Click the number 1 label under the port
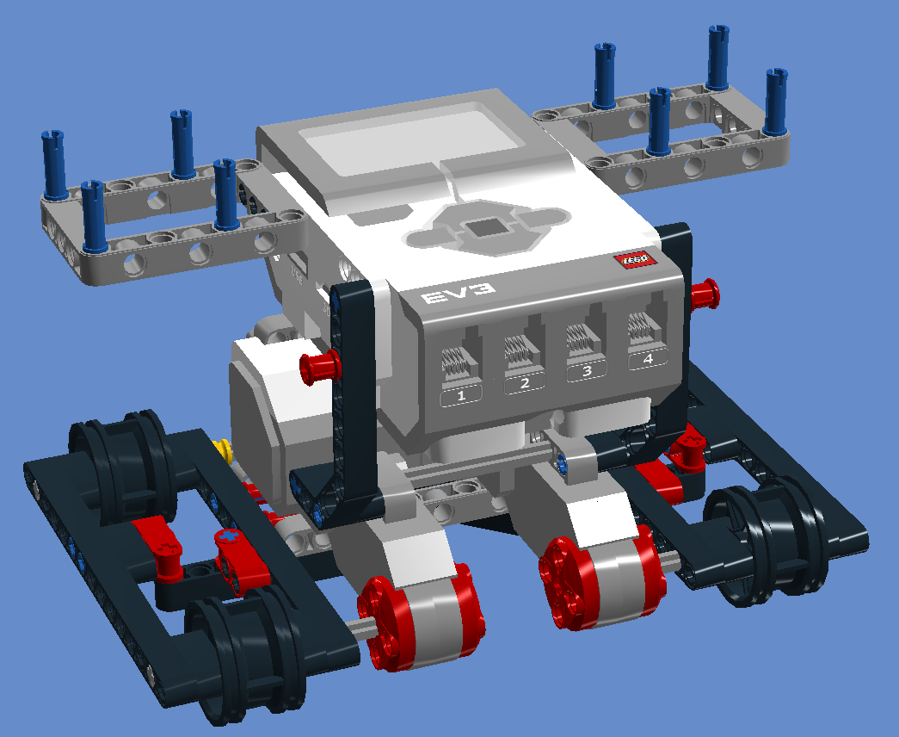462,396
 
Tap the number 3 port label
587,371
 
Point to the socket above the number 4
644,330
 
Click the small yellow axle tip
223,448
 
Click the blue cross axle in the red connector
229,536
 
